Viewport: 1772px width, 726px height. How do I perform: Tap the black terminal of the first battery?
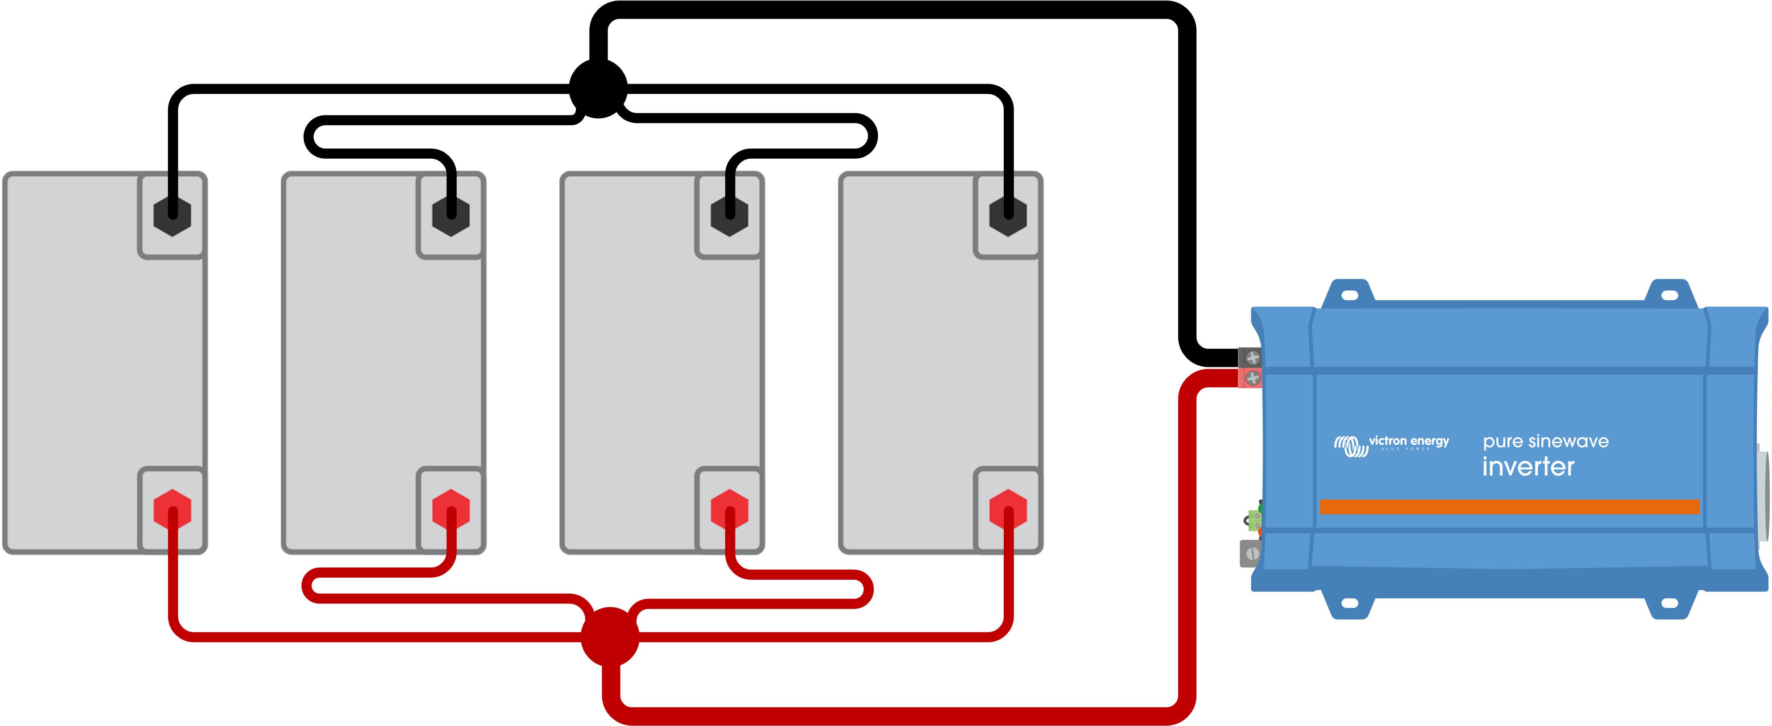(x=172, y=217)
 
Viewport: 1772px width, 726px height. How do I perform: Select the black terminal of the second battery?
(x=451, y=217)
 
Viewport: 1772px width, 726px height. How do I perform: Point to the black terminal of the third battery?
(x=729, y=217)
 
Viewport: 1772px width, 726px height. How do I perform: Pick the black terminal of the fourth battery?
(x=1008, y=217)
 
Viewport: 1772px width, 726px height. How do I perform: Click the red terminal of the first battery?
(x=172, y=509)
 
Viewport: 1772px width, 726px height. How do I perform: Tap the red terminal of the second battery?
(x=451, y=509)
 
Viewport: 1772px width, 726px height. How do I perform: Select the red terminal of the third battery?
(x=729, y=509)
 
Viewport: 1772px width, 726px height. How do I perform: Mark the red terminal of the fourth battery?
(x=1008, y=509)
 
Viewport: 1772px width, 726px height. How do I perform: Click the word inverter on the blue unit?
(x=1528, y=467)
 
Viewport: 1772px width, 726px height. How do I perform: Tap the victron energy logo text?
(x=1408, y=441)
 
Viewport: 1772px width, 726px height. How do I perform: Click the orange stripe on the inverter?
(x=1509, y=507)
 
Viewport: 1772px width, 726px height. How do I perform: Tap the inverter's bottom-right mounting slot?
(x=1669, y=604)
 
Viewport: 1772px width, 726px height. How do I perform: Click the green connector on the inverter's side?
(x=1255, y=520)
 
